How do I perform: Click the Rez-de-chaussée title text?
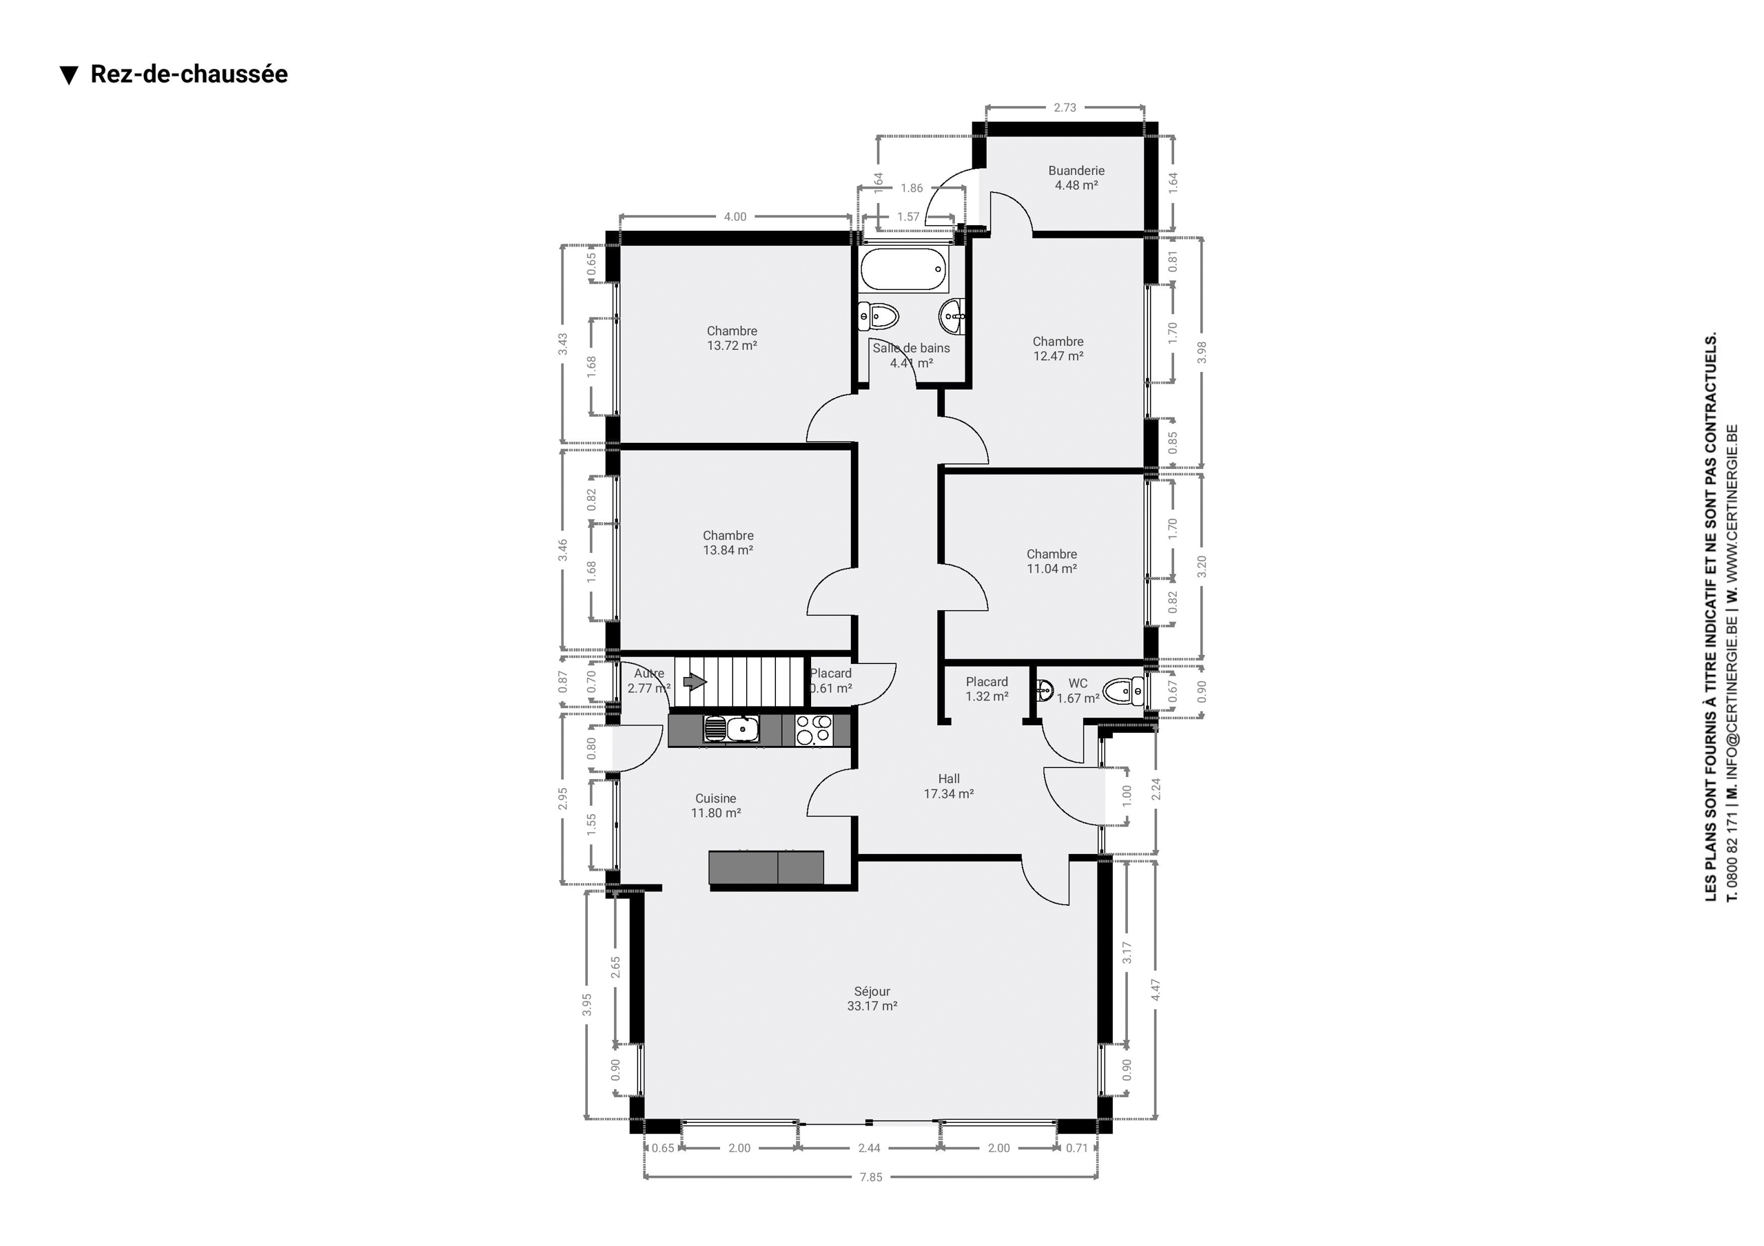click(x=189, y=74)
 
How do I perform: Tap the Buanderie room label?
click(x=1076, y=171)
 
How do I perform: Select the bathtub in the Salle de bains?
click(x=903, y=269)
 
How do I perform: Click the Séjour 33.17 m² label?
click(x=872, y=999)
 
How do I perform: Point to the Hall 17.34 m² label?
click(x=949, y=786)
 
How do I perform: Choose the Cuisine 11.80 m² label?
click(x=715, y=806)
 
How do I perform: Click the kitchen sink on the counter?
click(x=731, y=728)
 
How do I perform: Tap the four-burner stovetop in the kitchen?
click(x=813, y=730)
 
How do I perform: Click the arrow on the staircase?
click(x=695, y=681)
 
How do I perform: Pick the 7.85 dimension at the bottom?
click(x=870, y=1177)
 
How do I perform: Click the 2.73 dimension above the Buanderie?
click(x=1065, y=107)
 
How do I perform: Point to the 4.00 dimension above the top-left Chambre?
click(x=735, y=217)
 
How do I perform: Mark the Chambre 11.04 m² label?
click(x=1052, y=561)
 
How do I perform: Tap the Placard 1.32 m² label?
click(x=987, y=689)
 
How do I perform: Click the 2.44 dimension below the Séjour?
click(x=869, y=1148)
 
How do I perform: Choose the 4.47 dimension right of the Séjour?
click(x=1156, y=989)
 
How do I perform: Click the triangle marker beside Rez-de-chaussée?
click(x=69, y=75)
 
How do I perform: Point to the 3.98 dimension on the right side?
click(x=1202, y=352)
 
